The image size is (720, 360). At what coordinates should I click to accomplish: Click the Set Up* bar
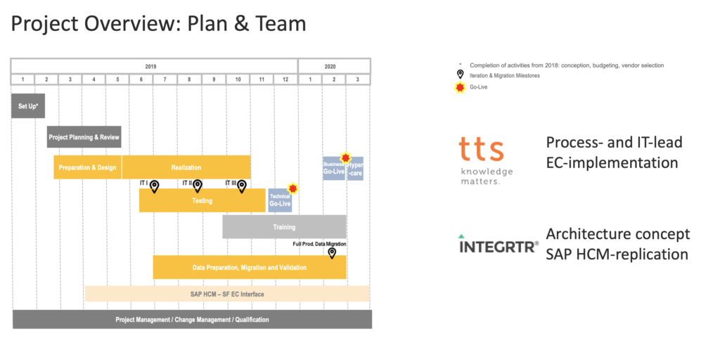(x=28, y=105)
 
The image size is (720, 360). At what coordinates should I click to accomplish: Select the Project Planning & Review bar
(x=84, y=137)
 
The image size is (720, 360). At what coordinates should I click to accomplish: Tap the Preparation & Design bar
(x=88, y=167)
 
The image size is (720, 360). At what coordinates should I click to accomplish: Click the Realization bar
(x=186, y=167)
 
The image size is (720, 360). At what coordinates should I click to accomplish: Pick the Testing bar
(x=202, y=200)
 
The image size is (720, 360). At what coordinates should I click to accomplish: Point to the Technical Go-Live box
(x=280, y=201)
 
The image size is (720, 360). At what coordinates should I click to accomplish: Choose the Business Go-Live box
(x=333, y=169)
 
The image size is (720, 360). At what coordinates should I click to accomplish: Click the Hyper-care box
(x=355, y=169)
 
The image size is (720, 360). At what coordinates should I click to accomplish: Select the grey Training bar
(x=284, y=227)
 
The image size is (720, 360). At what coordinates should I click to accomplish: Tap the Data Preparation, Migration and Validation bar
(x=250, y=267)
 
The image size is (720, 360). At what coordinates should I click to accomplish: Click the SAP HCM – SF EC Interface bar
(x=227, y=294)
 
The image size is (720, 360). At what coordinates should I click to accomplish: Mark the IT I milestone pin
(x=155, y=186)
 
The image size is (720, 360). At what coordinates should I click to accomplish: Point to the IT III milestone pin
(x=242, y=186)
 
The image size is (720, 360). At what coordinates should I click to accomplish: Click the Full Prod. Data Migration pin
(x=332, y=252)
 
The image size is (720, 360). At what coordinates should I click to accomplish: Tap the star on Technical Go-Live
(x=293, y=188)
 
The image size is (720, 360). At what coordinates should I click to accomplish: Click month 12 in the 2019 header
(x=285, y=79)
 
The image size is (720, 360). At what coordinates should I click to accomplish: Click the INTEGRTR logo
(x=499, y=245)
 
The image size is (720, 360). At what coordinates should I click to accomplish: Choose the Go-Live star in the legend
(x=461, y=87)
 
